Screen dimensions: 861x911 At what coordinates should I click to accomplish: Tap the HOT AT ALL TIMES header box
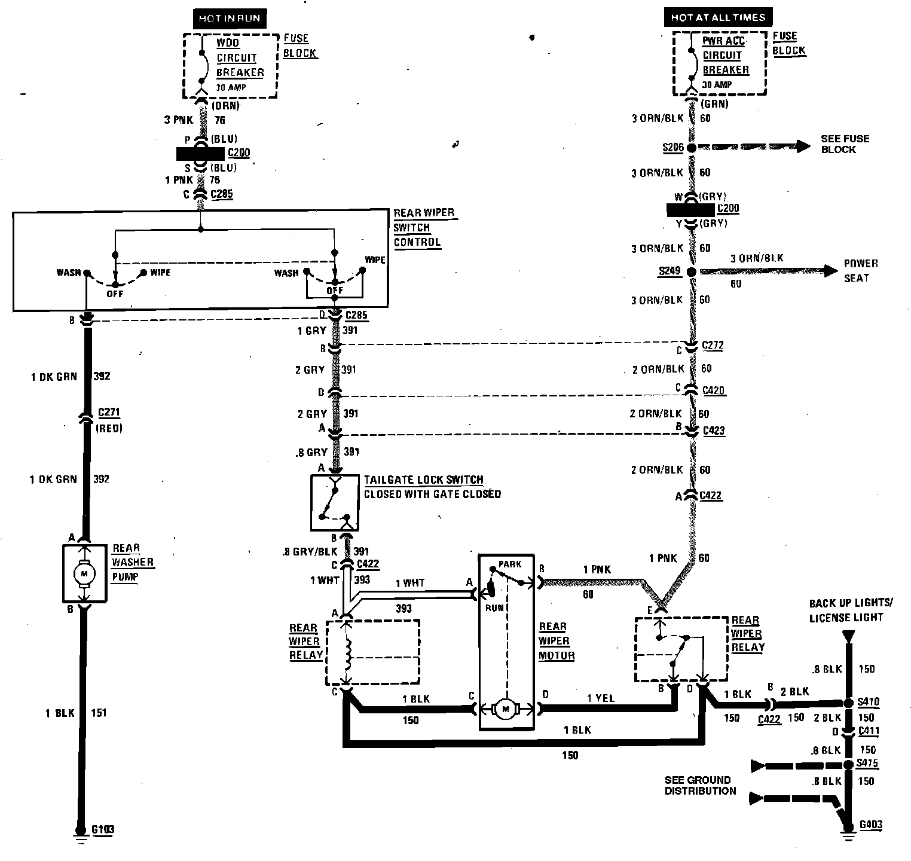(717, 17)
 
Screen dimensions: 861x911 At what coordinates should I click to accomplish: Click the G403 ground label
(870, 825)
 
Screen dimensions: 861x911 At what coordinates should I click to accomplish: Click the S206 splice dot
(691, 148)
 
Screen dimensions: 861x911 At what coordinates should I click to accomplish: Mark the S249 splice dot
(691, 272)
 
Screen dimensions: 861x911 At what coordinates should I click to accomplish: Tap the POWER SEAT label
(860, 271)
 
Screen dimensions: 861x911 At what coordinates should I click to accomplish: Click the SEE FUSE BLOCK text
(845, 144)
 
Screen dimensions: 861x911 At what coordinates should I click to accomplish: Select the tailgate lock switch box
(334, 503)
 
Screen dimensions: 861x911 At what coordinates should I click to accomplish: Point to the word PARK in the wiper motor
(509, 564)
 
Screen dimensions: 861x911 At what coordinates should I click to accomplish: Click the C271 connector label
(109, 413)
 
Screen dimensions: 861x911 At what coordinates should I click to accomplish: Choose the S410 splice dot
(848, 703)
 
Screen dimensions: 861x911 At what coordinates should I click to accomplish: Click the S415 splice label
(867, 764)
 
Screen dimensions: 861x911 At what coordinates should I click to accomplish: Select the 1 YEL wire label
(600, 698)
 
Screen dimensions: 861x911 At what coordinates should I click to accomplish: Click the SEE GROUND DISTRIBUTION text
(700, 785)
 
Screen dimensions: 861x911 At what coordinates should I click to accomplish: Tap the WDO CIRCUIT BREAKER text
(240, 58)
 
